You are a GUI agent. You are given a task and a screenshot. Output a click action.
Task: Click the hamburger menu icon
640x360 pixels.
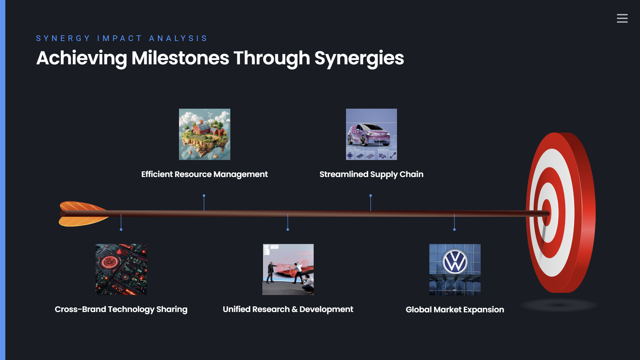622,18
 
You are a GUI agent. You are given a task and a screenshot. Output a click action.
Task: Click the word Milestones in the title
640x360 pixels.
180,58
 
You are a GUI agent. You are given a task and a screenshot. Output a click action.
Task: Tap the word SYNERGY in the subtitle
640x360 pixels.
63,38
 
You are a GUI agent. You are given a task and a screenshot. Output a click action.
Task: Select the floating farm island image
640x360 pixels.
205,134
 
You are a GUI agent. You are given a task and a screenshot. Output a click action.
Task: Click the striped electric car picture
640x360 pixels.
371,134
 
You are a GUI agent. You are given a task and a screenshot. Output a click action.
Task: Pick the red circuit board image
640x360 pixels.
121,269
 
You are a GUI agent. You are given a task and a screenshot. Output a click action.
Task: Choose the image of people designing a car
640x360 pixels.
288,269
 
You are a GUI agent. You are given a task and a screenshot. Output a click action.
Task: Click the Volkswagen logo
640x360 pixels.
455,262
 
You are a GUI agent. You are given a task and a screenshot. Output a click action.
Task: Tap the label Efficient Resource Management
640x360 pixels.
204,174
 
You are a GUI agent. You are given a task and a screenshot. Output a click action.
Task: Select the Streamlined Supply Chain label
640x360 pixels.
371,174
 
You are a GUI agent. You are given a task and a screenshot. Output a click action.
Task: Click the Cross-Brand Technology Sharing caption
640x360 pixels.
121,309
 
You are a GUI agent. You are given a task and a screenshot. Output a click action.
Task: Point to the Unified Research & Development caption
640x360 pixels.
288,309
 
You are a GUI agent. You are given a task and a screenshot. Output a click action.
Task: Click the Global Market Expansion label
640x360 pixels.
455,310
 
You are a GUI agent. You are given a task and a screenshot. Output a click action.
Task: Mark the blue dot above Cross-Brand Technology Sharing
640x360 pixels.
121,229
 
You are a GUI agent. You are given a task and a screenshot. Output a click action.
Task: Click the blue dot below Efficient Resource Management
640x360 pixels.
204,196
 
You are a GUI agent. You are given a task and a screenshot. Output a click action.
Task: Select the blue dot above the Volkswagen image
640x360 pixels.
454,229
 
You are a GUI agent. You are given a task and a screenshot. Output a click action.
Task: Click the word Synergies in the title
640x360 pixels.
359,59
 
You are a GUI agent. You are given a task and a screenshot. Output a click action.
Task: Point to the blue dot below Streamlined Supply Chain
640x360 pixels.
371,196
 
